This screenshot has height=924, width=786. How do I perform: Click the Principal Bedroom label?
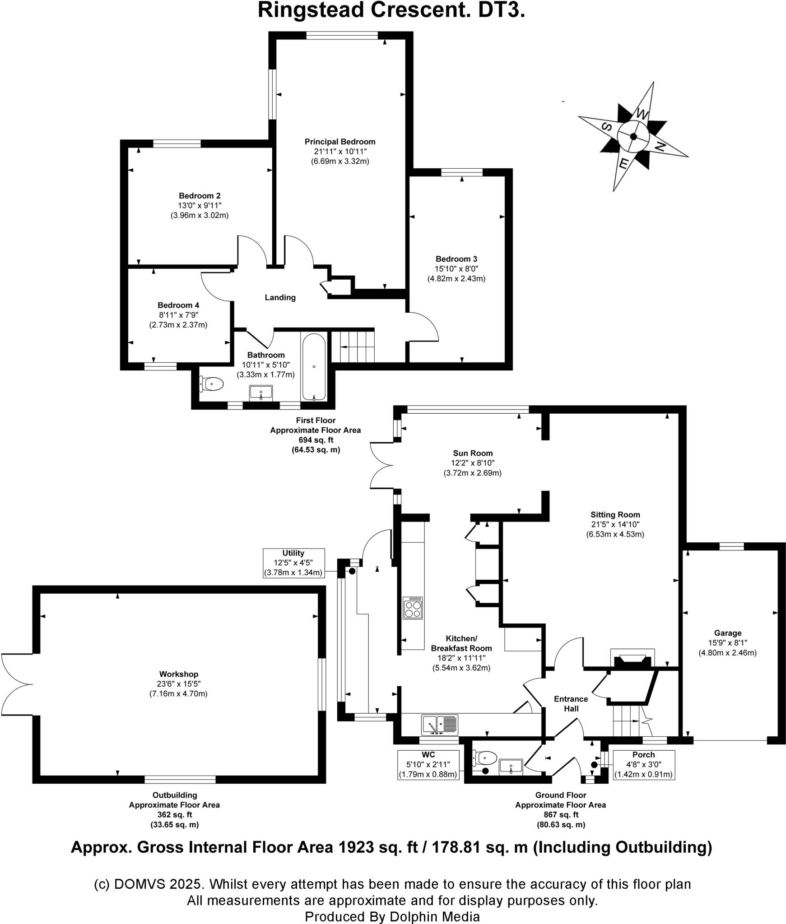click(340, 142)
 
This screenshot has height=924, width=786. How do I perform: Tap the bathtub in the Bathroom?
click(314, 367)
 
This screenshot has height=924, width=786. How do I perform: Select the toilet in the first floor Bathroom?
click(213, 384)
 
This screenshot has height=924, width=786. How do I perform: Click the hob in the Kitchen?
click(413, 608)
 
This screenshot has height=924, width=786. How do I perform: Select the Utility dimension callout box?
click(293, 563)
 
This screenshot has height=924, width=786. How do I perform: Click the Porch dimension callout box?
click(643, 764)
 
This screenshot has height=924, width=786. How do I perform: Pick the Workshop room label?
click(179, 674)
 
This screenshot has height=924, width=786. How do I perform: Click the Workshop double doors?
click(17, 684)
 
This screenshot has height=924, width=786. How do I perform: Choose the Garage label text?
click(727, 633)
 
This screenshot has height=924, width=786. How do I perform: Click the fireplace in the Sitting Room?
click(632, 660)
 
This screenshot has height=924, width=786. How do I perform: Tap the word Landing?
click(280, 297)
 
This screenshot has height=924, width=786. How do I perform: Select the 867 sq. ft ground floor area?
click(560, 814)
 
